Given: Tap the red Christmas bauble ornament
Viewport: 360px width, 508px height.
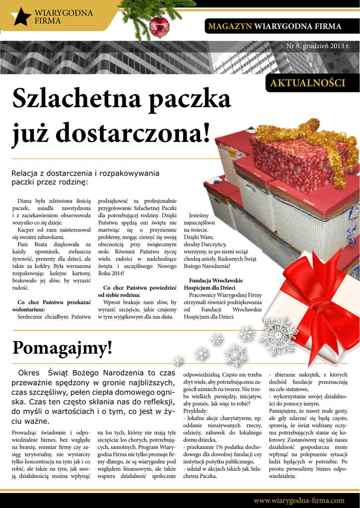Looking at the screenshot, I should (159, 26).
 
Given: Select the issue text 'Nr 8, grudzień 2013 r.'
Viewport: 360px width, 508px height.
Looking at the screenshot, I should (318, 46).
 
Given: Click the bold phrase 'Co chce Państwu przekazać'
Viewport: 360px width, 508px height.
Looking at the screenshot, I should (54, 302).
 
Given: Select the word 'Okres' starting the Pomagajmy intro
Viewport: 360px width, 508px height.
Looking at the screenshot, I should (28, 373).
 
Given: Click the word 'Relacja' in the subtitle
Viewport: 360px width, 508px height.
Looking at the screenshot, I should (24, 173).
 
